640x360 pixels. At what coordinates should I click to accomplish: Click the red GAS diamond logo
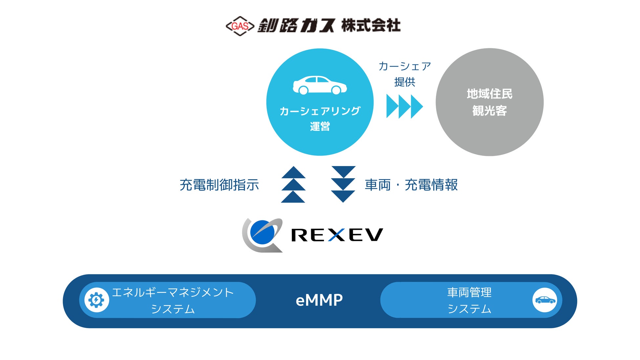(x=240, y=26)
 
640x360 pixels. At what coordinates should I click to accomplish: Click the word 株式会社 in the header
(x=371, y=26)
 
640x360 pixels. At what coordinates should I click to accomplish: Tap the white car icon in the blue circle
(x=320, y=85)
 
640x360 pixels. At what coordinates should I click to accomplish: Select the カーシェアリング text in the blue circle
(x=320, y=111)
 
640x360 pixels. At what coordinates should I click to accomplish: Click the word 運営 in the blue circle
(x=320, y=126)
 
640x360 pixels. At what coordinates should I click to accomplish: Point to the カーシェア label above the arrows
(x=405, y=67)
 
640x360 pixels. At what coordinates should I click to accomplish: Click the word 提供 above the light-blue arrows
(x=405, y=82)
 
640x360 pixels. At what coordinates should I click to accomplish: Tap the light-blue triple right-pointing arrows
(x=405, y=106)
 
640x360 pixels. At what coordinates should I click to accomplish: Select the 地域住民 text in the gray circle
(x=490, y=94)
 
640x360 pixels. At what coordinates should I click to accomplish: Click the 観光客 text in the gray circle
(x=490, y=111)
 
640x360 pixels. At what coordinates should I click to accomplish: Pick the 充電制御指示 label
(x=219, y=185)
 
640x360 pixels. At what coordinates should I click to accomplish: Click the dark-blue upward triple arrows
(x=293, y=184)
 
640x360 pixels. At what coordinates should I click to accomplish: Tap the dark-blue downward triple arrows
(x=343, y=184)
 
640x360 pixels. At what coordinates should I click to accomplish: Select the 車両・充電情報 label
(x=411, y=185)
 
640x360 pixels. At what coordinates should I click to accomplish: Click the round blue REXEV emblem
(x=263, y=235)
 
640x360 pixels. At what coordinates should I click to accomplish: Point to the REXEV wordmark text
(x=337, y=235)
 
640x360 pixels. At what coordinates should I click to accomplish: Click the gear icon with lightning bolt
(x=96, y=300)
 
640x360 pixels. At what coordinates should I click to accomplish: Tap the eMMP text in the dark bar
(x=319, y=300)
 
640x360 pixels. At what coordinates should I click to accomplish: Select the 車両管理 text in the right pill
(x=469, y=292)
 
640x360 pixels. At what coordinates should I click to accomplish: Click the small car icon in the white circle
(x=545, y=300)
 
